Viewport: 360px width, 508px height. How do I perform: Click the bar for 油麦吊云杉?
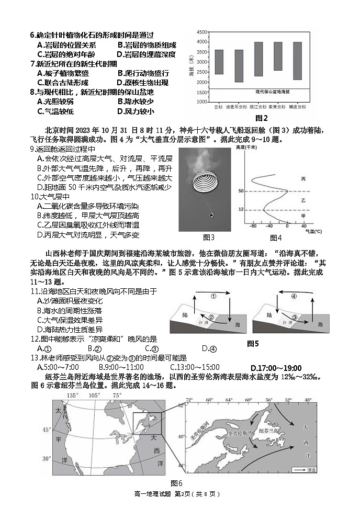(239, 66)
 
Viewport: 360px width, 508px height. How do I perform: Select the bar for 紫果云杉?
(278, 56)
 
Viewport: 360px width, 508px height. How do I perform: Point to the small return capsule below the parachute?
(211, 215)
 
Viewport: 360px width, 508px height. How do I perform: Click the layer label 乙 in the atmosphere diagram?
(303, 201)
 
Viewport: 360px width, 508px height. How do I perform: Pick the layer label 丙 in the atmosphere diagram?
(303, 179)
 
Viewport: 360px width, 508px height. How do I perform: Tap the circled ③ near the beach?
(295, 317)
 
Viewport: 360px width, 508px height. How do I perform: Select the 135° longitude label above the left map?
(73, 396)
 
